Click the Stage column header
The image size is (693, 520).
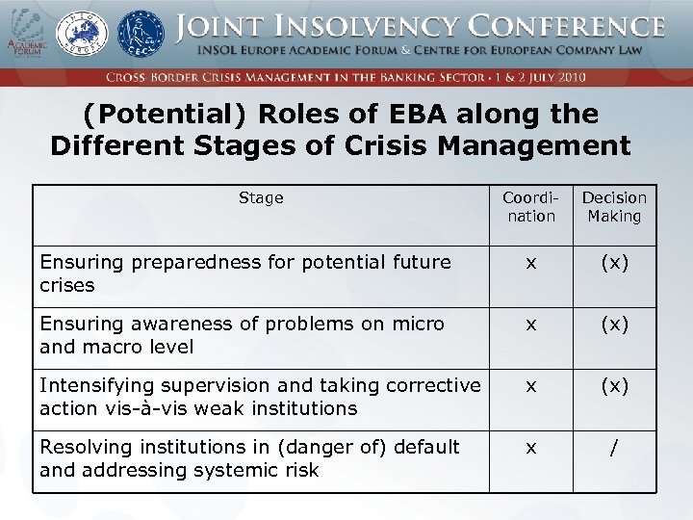click(261, 198)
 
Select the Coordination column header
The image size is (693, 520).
click(531, 207)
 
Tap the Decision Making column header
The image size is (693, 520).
click(614, 207)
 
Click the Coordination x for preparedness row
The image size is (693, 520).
click(531, 262)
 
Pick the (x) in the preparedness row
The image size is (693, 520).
click(614, 262)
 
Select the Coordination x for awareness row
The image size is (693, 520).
click(531, 324)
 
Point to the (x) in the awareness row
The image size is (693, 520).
click(614, 324)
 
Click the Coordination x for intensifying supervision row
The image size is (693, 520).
click(531, 385)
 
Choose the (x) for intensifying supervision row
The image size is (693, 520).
click(614, 385)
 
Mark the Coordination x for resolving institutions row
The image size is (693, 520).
click(531, 447)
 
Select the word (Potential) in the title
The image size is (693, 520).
click(166, 115)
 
